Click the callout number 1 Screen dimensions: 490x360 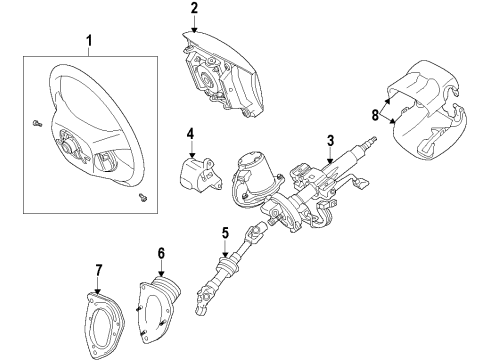click(x=89, y=41)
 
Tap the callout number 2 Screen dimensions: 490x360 click(x=194, y=8)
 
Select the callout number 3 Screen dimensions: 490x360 click(x=330, y=141)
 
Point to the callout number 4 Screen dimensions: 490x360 click(x=190, y=134)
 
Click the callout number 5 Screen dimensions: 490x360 click(x=226, y=233)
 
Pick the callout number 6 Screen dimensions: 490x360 click(x=161, y=254)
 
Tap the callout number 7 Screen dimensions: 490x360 click(x=98, y=270)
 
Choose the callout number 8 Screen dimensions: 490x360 click(x=375, y=115)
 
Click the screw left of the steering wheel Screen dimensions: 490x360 click(x=37, y=124)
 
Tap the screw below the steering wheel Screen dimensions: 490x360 click(x=143, y=198)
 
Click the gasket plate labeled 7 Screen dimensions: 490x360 click(x=103, y=323)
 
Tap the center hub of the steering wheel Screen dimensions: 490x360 click(x=68, y=145)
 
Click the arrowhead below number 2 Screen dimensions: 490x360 click(x=194, y=30)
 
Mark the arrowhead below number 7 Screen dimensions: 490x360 click(x=98, y=290)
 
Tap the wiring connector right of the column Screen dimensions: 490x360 click(x=364, y=182)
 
